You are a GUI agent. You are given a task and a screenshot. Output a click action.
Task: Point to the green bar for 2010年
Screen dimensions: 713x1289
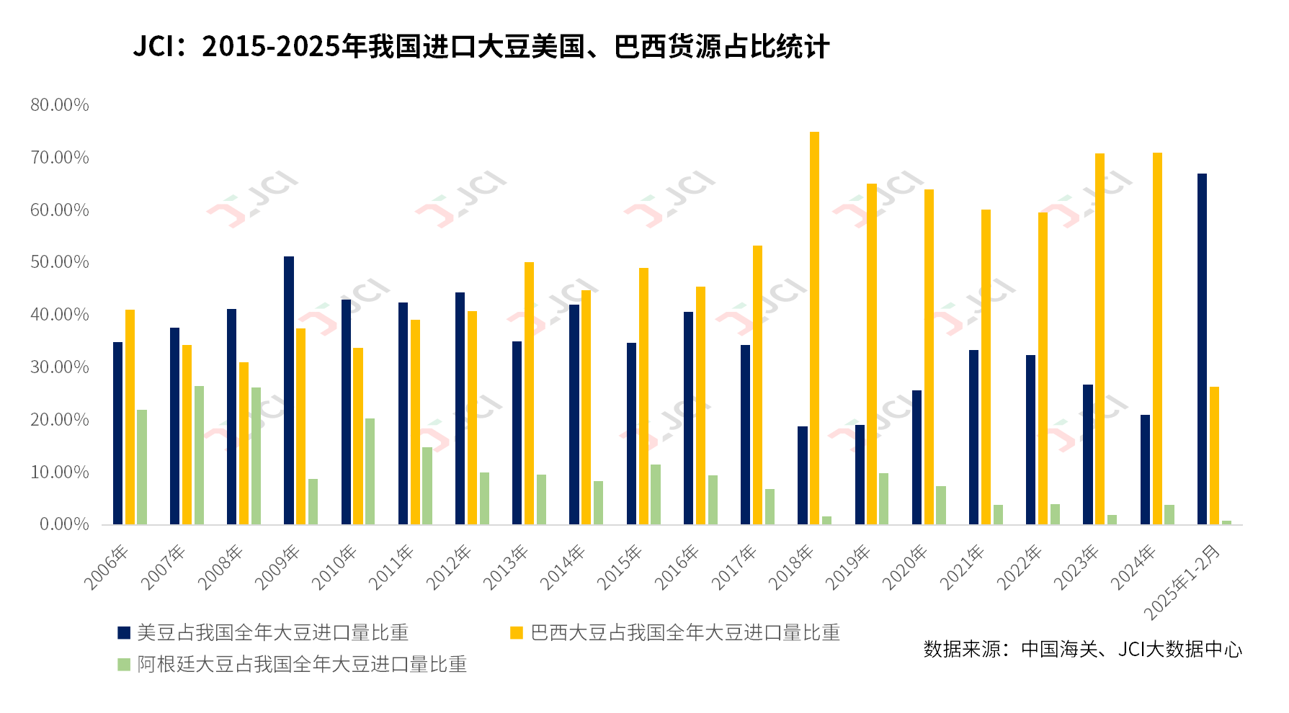click(x=370, y=471)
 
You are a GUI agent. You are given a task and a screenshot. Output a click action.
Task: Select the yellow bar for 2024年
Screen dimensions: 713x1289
click(x=1157, y=338)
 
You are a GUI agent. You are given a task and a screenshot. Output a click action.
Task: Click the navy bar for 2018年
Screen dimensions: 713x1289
click(x=803, y=475)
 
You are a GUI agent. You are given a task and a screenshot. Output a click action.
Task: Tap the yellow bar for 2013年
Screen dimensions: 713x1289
click(x=529, y=393)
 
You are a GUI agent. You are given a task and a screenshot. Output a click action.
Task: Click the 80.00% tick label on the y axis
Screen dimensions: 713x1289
click(x=60, y=105)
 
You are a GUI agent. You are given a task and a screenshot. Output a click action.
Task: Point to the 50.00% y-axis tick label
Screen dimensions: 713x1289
click(x=60, y=262)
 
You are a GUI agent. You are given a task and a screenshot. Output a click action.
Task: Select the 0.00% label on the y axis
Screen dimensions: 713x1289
click(x=64, y=524)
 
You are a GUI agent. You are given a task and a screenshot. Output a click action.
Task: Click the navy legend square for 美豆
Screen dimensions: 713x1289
click(x=124, y=632)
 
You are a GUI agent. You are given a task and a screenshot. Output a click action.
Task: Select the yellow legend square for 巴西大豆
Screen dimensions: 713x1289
click(x=517, y=632)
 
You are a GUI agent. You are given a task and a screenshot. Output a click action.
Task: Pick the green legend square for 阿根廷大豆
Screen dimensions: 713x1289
click(x=124, y=664)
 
